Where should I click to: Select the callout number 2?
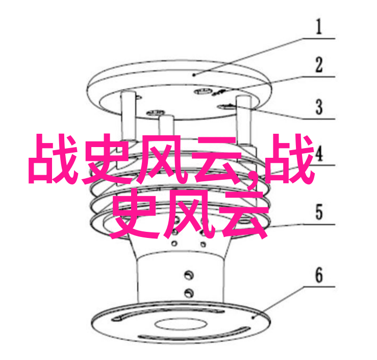[x=319, y=64]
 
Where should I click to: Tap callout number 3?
[x=319, y=107]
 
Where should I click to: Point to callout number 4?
[x=319, y=153]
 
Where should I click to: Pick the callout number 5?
[x=319, y=212]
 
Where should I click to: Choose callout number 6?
[x=319, y=275]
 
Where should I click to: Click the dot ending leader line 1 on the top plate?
[x=195, y=75]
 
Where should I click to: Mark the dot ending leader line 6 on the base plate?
[x=253, y=318]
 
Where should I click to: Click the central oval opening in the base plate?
[x=181, y=324]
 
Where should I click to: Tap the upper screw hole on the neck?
[x=189, y=275]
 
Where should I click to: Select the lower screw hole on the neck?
[x=189, y=293]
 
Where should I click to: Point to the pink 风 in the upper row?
[x=163, y=159]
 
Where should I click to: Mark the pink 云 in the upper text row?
[x=217, y=160]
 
